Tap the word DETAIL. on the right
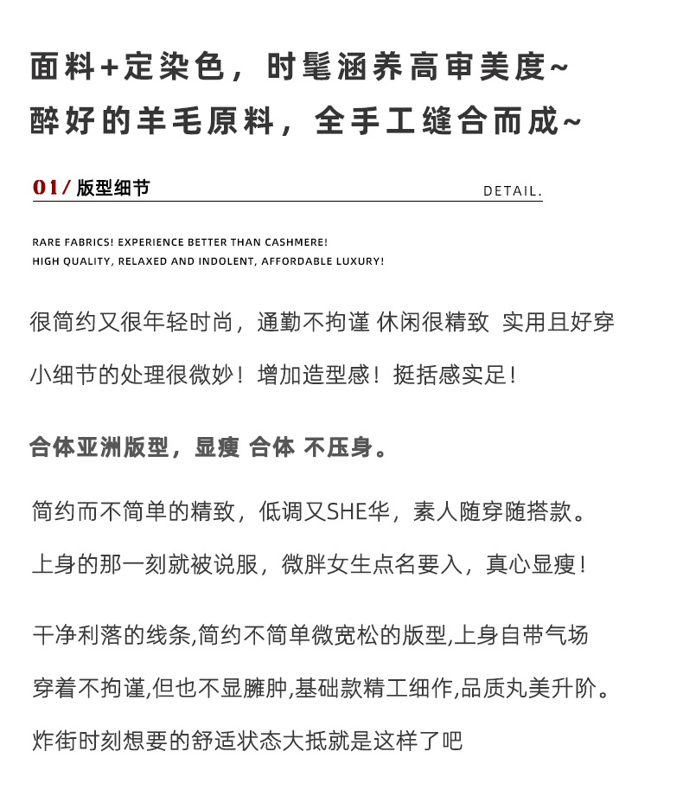coord(512,190)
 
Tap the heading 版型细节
coord(112,188)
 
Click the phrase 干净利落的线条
coord(110,636)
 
